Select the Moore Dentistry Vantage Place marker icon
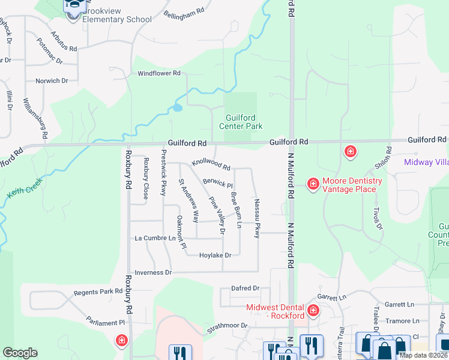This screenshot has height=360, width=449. (x=313, y=184)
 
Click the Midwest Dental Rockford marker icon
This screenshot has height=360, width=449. (x=313, y=310)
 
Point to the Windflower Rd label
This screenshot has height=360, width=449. (x=159, y=73)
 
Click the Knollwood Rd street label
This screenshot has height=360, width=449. (x=211, y=164)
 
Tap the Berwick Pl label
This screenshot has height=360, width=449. (x=217, y=182)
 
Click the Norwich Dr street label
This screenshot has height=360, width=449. (x=52, y=80)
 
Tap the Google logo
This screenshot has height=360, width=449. (x=20, y=353)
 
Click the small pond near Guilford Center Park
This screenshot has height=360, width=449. (x=177, y=109)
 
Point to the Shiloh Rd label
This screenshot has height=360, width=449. (x=387, y=158)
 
